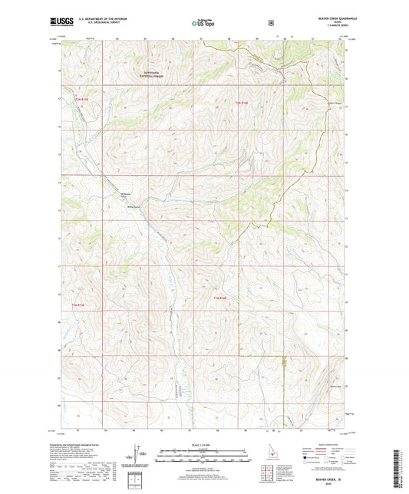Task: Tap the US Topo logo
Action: pos(204,23)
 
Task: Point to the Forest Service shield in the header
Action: pos(271,23)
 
